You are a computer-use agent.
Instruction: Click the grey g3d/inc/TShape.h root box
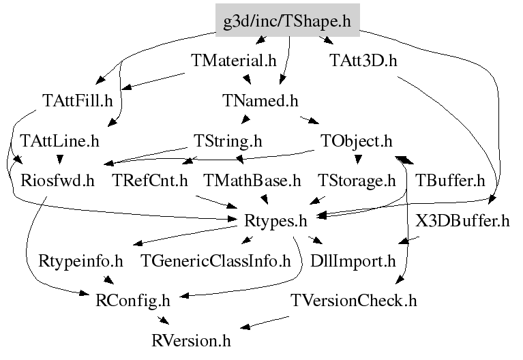(288, 20)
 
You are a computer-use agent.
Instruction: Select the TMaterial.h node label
(234, 61)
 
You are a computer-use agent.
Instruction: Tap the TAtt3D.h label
(363, 61)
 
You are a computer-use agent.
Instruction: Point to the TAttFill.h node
(78, 100)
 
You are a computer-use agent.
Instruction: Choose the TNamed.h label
(260, 100)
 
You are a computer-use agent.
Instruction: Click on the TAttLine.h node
(60, 140)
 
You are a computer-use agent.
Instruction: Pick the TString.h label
(228, 141)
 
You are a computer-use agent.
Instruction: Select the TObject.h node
(357, 141)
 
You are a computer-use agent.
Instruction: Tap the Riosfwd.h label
(58, 181)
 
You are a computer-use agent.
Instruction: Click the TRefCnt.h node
(150, 181)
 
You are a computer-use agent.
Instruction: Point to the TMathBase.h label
(252, 181)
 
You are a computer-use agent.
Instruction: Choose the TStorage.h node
(357, 181)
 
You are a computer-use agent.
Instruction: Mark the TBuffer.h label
(450, 181)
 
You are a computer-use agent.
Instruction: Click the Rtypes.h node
(275, 221)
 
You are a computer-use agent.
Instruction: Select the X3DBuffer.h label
(462, 220)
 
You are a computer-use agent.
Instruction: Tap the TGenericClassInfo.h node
(216, 260)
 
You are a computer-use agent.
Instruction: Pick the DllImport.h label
(353, 261)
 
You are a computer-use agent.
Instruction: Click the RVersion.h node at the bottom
(191, 341)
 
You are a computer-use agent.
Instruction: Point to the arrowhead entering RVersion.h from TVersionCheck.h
(245, 327)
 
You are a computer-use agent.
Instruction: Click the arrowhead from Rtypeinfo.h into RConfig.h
(108, 280)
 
